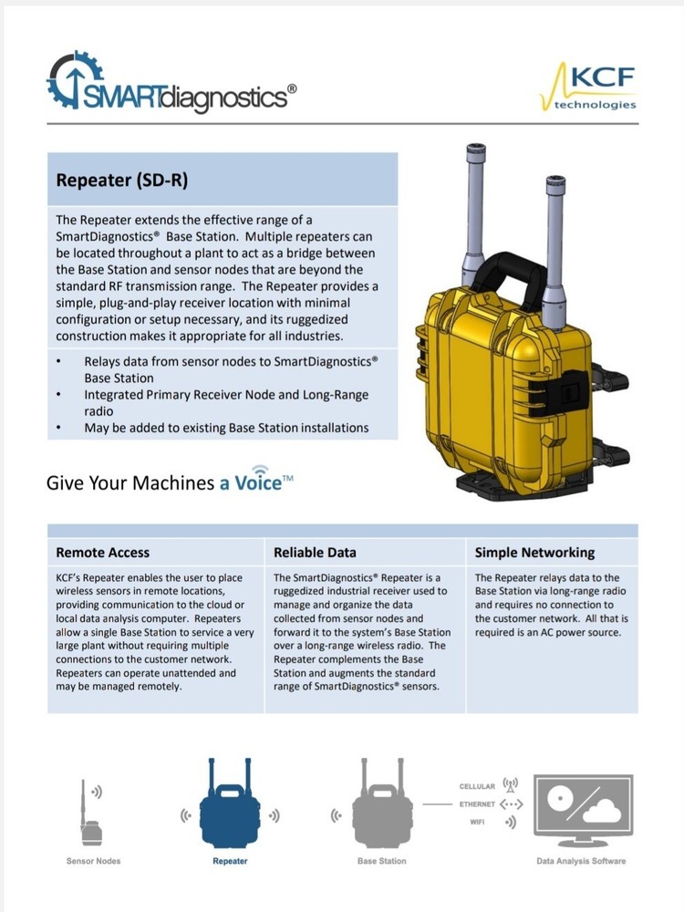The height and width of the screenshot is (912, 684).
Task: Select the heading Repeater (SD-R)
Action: [x=121, y=180]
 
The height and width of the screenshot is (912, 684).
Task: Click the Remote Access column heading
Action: [x=103, y=553]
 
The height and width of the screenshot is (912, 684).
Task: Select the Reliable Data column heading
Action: [x=316, y=553]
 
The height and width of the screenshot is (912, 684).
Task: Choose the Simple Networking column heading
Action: [x=534, y=553]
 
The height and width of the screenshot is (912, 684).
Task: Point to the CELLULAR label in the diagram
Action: [x=477, y=786]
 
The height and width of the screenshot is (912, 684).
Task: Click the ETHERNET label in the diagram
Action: [x=476, y=804]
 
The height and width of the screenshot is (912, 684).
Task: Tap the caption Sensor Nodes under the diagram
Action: [x=93, y=861]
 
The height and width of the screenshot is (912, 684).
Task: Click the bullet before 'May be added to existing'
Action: [x=59, y=427]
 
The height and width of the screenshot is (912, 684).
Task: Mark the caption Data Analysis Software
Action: [x=581, y=861]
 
